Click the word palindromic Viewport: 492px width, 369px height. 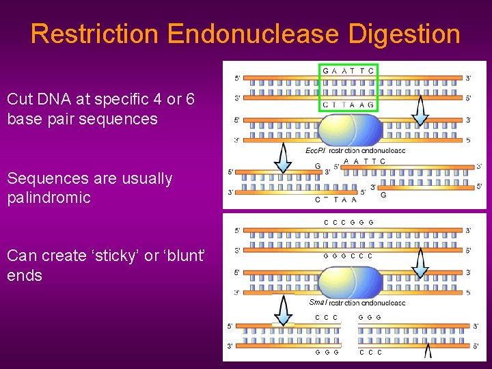49,198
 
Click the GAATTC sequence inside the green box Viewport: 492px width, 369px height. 348,70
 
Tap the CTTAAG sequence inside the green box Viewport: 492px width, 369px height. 348,105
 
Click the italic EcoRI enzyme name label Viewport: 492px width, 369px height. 315,150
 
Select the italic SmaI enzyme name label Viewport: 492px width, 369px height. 318,302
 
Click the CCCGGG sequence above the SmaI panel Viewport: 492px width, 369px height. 348,222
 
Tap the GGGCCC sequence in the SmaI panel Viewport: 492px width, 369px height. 348,256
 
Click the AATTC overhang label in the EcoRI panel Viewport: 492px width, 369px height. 364,161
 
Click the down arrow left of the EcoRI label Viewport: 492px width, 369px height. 283,159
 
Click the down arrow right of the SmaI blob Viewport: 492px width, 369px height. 428,351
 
